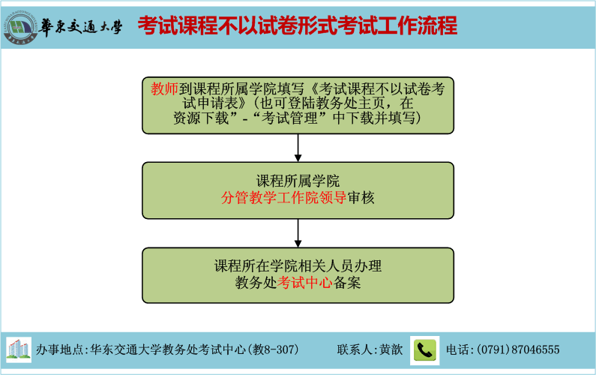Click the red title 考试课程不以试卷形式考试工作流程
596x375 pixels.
coord(297,26)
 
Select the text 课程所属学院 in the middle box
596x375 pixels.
coord(298,181)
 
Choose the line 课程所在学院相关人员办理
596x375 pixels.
coord(298,265)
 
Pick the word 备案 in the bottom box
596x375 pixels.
coord(346,283)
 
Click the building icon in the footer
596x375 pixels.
coord(19,349)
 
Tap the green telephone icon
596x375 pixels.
coord(425,349)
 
